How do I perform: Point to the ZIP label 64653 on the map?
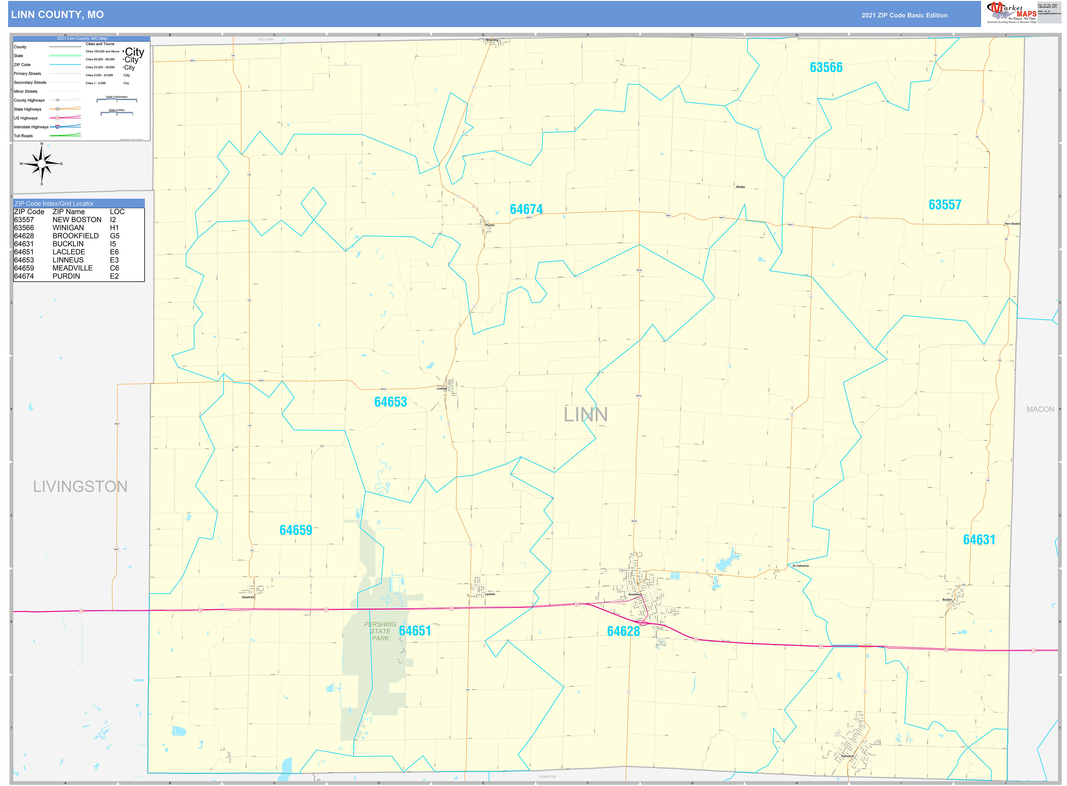click(390, 402)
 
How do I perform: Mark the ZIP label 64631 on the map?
click(979, 540)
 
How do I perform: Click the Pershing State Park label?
click(380, 631)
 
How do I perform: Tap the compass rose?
click(42, 164)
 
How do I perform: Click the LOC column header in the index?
click(117, 212)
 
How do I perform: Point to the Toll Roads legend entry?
click(23, 136)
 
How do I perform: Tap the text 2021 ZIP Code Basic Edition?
click(904, 15)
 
